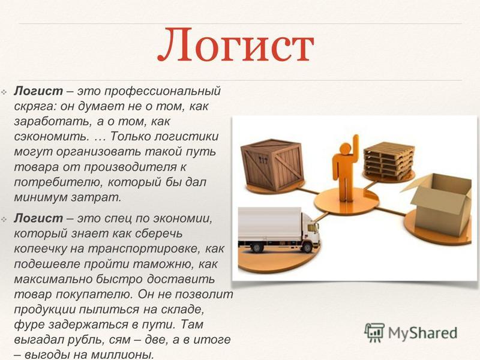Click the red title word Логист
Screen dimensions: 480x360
pyautogui.click(x=236, y=46)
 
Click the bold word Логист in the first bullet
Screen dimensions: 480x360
pyautogui.click(x=38, y=91)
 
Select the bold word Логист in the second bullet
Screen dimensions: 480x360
pyautogui.click(x=38, y=218)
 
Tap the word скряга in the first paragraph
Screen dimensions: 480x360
pyautogui.click(x=35, y=107)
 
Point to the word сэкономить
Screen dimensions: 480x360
pyautogui.click(x=50, y=137)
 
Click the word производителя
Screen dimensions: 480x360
pyautogui.click(x=130, y=167)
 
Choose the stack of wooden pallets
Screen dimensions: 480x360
pyautogui.click(x=388, y=161)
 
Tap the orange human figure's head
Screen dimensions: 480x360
pyautogui.click(x=345, y=149)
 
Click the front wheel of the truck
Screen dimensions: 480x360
pyautogui.click(x=307, y=247)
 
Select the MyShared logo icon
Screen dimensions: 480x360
pyautogui.click(x=374, y=332)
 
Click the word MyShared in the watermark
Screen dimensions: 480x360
pyautogui.click(x=423, y=333)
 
